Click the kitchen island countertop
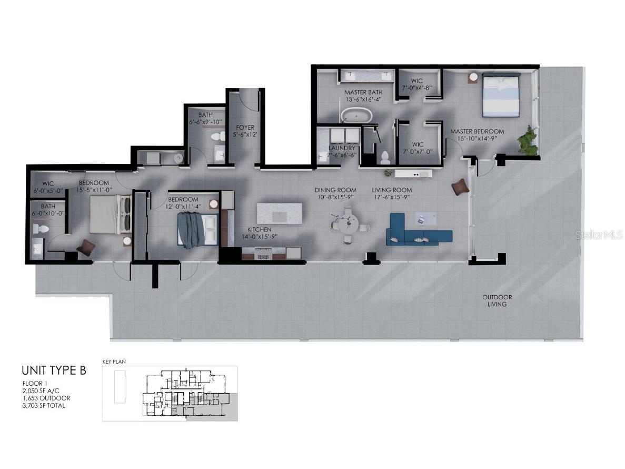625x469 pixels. click(x=280, y=213)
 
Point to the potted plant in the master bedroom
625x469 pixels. click(x=527, y=140)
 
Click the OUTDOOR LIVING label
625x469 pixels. click(x=497, y=300)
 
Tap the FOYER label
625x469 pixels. click(x=245, y=128)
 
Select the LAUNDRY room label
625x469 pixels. click(x=342, y=148)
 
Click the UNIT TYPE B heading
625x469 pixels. click(x=54, y=370)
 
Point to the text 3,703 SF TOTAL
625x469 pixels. click(x=44, y=405)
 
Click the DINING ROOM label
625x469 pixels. click(x=335, y=190)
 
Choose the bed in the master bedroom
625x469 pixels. click(x=501, y=95)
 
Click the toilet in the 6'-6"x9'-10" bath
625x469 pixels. click(x=216, y=136)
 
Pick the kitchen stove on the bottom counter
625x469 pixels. click(x=262, y=257)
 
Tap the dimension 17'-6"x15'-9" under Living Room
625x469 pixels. click(x=391, y=197)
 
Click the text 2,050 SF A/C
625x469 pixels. click(x=44, y=390)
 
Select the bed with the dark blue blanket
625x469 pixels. click(x=197, y=230)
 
